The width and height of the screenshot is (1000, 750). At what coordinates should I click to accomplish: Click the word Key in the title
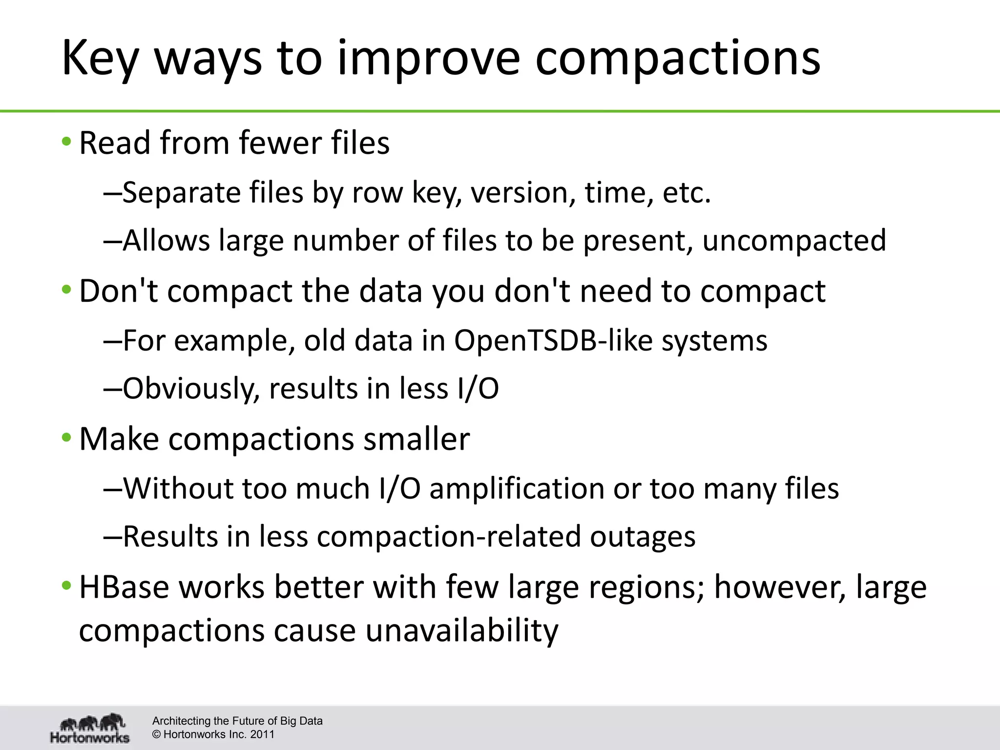[x=101, y=59]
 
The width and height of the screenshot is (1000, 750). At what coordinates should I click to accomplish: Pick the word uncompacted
[x=794, y=240]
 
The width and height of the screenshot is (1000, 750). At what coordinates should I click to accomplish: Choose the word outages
[x=643, y=537]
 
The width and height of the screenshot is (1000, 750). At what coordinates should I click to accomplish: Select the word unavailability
[x=461, y=630]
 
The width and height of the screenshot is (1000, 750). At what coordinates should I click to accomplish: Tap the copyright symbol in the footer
[x=157, y=734]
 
